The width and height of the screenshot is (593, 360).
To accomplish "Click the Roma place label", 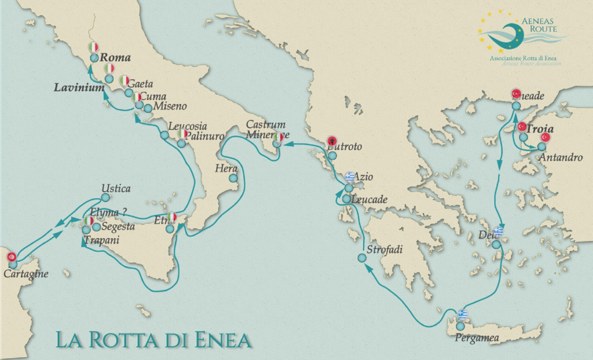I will [115, 58].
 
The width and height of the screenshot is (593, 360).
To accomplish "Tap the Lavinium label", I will [79, 88].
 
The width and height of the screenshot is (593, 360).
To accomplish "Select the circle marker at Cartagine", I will [13, 265].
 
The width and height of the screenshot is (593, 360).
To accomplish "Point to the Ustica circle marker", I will [105, 197].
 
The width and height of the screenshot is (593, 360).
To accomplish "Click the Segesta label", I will [118, 227].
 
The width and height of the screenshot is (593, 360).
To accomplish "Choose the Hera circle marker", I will [233, 179].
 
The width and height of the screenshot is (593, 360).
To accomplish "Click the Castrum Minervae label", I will [265, 129].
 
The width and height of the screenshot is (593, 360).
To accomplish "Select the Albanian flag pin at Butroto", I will [332, 141].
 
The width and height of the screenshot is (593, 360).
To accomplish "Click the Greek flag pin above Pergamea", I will [462, 314].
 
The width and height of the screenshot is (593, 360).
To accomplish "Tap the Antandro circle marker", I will [541, 146].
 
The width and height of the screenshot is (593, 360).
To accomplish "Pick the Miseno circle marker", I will [148, 108].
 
